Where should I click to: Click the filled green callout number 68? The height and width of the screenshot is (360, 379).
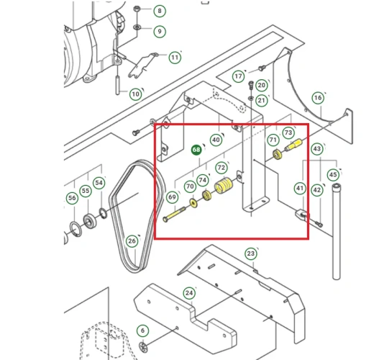[196, 150]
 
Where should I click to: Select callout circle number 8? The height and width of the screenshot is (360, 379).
[160, 12]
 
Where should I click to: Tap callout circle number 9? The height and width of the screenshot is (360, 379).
[160, 32]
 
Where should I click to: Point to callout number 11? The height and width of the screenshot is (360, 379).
[175, 58]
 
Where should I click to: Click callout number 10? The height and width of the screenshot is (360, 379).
[135, 94]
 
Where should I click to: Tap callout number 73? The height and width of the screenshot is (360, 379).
[288, 133]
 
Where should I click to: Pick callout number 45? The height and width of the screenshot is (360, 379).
[334, 174]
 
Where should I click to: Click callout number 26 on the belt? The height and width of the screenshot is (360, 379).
[132, 240]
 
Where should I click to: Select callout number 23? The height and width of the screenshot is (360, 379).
[251, 253]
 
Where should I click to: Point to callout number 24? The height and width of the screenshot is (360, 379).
[189, 292]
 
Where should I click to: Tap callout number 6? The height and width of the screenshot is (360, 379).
[143, 330]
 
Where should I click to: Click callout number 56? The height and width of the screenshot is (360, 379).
[72, 198]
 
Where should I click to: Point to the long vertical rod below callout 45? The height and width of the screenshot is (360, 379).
[334, 230]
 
